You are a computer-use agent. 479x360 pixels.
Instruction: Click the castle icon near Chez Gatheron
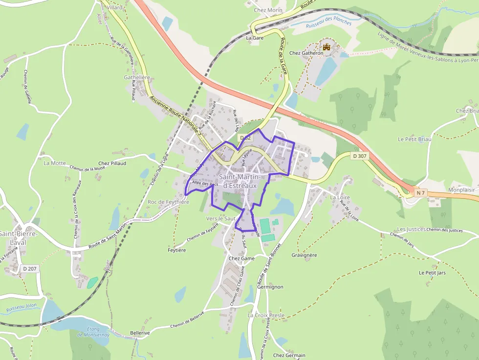pos(327,47)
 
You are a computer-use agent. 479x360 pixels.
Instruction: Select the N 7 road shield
pos(420,193)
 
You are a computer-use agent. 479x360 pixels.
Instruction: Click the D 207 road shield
pos(29,268)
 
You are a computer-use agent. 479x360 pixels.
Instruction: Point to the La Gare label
pos(255,38)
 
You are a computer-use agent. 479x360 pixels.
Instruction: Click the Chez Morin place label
pos(268,10)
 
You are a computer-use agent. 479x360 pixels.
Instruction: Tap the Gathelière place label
pos(137,77)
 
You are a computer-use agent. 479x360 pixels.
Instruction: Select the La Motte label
pos(54,163)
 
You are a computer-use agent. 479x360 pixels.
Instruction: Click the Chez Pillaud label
pos(112,163)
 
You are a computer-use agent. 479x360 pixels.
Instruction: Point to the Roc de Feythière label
pos(168,202)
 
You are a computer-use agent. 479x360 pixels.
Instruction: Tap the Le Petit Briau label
pos(414,139)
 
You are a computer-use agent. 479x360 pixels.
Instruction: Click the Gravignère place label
pos(305,255)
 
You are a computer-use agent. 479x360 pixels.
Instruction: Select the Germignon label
pos(270,287)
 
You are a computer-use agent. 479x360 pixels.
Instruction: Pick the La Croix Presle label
pos(266,316)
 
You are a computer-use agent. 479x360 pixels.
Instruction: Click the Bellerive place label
pos(140,333)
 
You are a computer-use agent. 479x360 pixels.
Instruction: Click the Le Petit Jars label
pos(432,272)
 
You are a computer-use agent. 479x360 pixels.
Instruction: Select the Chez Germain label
pos(289,355)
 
